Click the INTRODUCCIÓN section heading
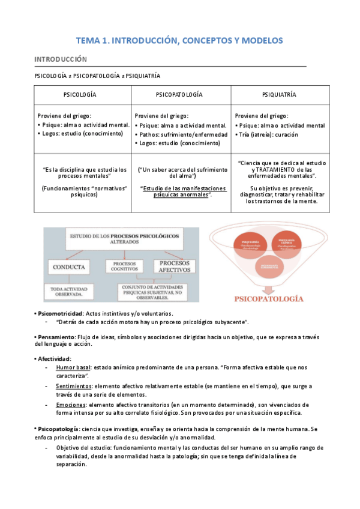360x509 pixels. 60,59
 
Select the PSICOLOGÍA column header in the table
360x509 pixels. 80,95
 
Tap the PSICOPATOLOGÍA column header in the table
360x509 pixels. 179,95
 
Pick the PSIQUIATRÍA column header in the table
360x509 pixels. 279,95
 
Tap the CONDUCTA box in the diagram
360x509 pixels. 68,266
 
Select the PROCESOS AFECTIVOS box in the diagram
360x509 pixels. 176,267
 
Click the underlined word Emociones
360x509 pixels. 71,405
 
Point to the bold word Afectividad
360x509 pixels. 55,358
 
